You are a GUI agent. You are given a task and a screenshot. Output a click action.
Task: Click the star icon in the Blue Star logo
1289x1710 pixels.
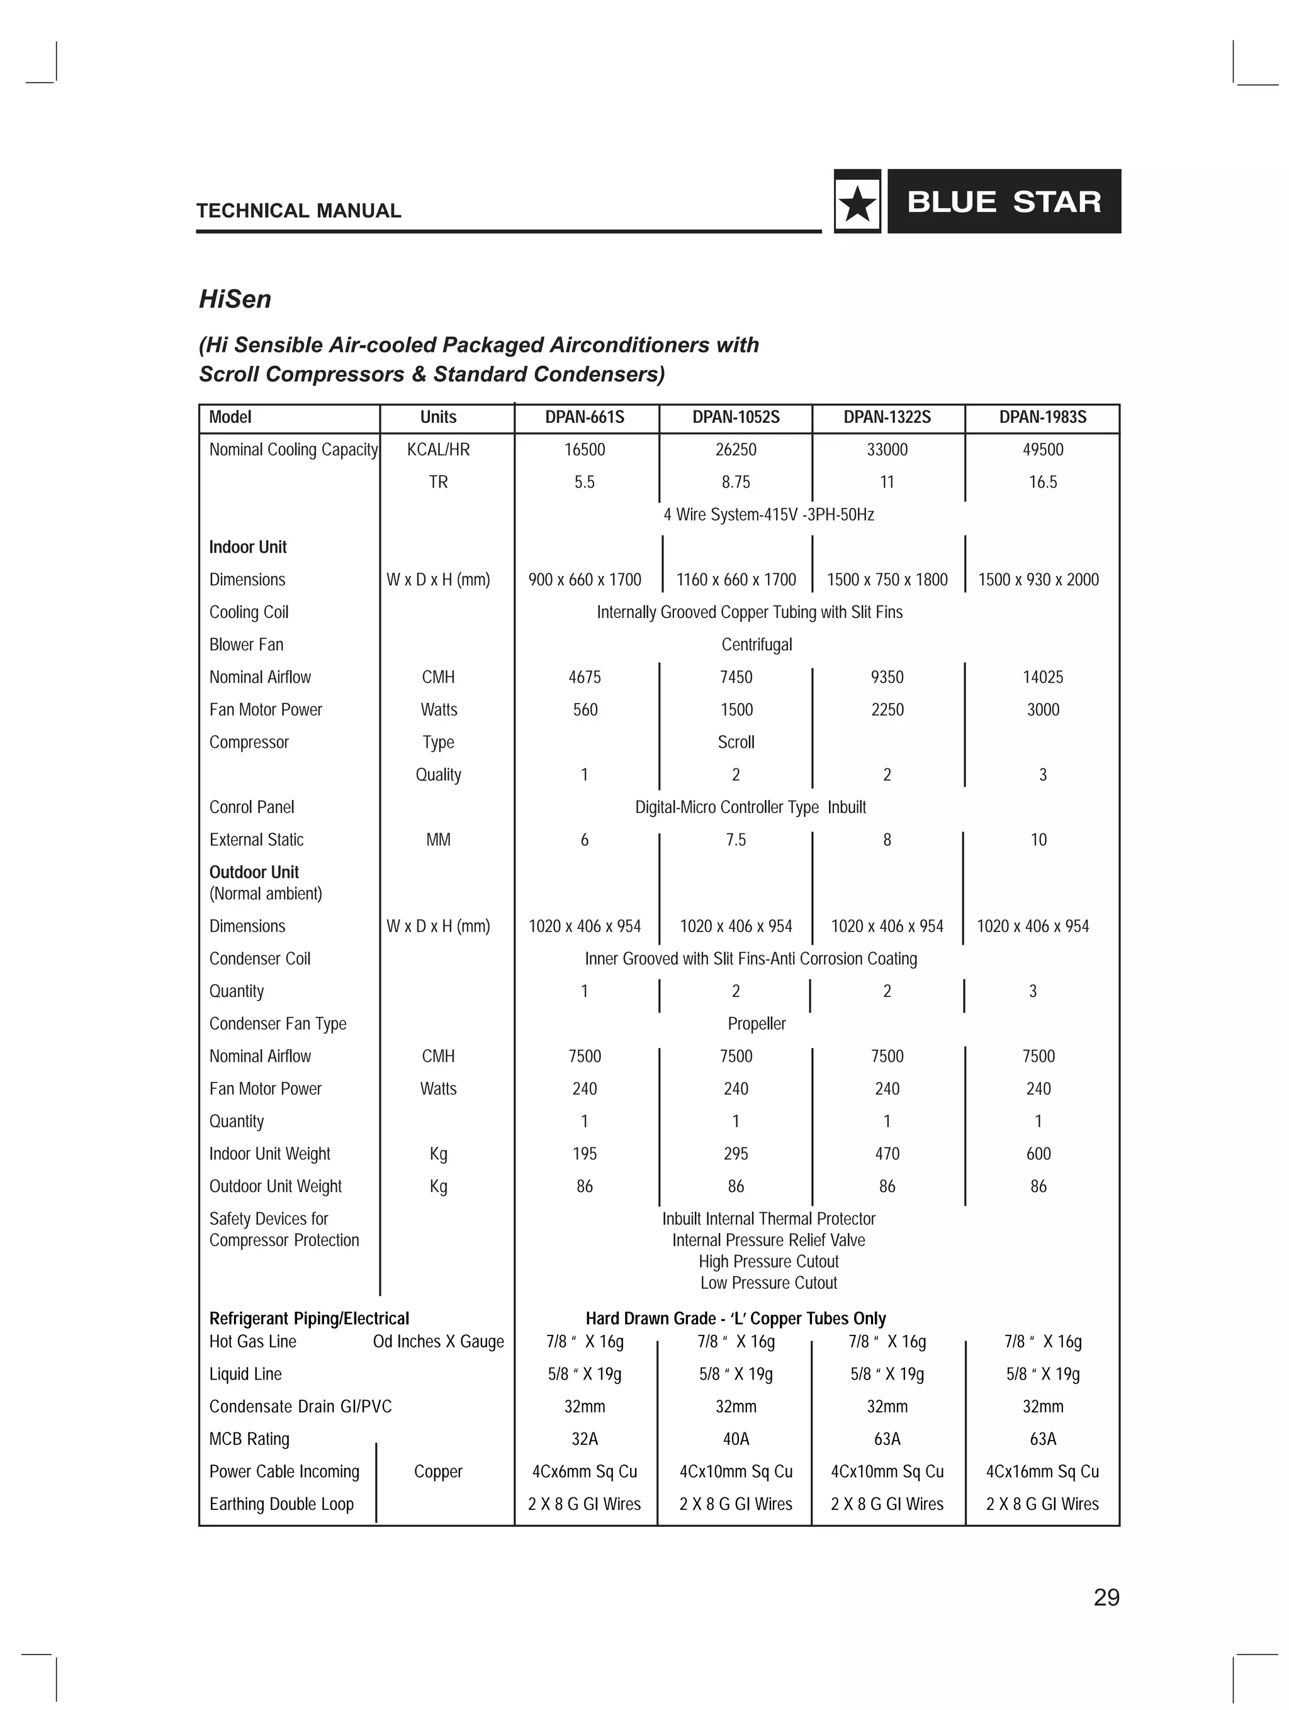(x=857, y=203)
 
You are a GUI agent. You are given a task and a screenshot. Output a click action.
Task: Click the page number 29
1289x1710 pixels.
(x=1106, y=1597)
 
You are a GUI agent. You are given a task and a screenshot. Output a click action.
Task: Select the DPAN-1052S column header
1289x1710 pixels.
(x=735, y=417)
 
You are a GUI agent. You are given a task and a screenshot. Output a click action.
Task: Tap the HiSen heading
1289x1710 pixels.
(x=235, y=299)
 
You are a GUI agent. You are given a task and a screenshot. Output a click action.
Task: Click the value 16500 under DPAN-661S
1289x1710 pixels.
(x=585, y=450)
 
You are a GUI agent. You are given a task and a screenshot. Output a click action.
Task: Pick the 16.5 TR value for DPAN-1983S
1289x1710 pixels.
(x=1042, y=482)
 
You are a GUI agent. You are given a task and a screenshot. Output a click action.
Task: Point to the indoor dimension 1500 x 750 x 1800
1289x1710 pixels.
(x=887, y=580)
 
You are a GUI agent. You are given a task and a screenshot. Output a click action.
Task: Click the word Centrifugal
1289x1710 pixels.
(x=757, y=644)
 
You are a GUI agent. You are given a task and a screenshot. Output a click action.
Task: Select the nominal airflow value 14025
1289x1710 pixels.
(x=1042, y=677)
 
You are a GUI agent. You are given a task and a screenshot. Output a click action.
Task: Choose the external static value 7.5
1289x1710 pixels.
(x=735, y=840)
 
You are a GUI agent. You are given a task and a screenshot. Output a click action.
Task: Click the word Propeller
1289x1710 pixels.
(x=757, y=1023)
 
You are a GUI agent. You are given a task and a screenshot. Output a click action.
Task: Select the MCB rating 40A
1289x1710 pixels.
(x=735, y=1439)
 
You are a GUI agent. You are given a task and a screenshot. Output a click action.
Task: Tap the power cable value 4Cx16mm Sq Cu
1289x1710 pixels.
(x=1042, y=1471)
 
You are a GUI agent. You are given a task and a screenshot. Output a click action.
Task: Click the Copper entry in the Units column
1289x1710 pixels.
(x=437, y=1471)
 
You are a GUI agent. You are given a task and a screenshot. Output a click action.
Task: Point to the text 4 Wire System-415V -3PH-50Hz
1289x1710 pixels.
(x=768, y=515)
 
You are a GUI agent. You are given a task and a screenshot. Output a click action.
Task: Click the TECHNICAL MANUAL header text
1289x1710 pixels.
(x=298, y=211)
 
